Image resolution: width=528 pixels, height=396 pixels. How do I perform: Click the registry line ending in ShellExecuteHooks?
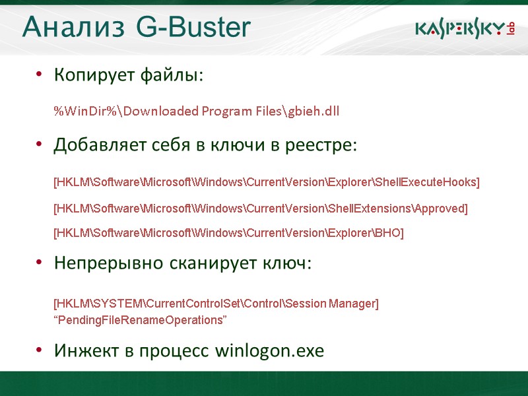point(266,182)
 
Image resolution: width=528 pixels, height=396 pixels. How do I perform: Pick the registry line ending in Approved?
point(260,209)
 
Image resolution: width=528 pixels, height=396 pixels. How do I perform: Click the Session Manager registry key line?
point(216,304)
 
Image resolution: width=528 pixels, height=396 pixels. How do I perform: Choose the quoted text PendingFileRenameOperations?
point(140,320)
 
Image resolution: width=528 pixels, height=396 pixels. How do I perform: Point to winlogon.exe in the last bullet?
point(270,350)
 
